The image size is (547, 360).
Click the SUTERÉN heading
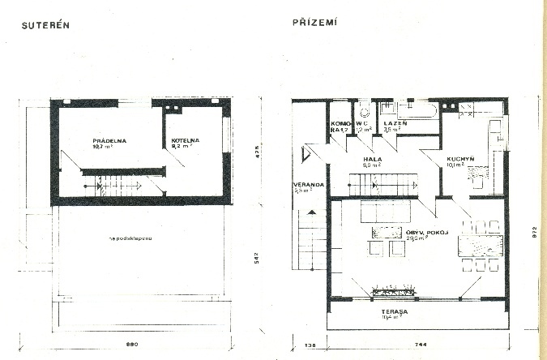coord(46,24)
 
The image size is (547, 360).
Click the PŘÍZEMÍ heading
coord(315,23)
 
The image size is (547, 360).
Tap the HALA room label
coord(373,161)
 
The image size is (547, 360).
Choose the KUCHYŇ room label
coord(459,160)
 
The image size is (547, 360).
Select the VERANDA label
coord(309,186)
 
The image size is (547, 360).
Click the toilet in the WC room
coord(365,112)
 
